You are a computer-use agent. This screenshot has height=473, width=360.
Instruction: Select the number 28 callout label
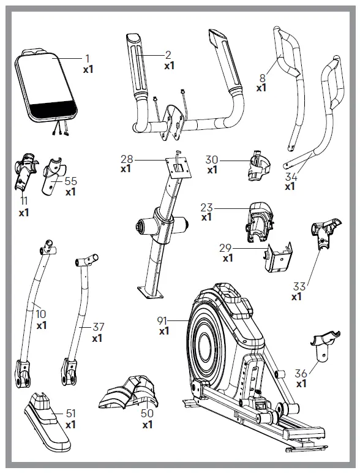[x=126, y=159]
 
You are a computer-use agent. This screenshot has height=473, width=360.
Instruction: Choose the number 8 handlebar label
[x=262, y=78]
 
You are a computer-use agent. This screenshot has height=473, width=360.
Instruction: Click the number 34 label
[x=290, y=176]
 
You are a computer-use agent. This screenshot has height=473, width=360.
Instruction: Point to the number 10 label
[x=41, y=314]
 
